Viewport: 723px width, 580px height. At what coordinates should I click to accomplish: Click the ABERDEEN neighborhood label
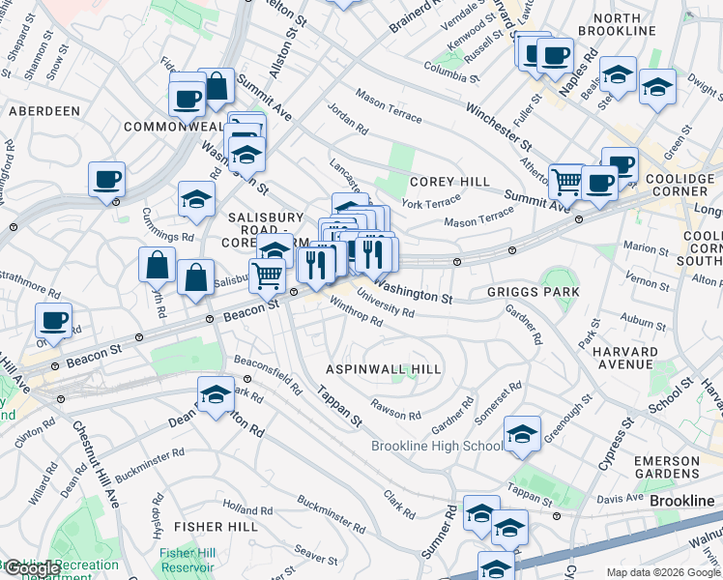tap(44, 111)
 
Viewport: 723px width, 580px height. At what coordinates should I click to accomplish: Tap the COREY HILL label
tap(449, 182)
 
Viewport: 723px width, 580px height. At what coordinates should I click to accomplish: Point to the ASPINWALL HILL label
tap(384, 369)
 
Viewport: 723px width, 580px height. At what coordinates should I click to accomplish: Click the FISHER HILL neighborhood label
tap(217, 527)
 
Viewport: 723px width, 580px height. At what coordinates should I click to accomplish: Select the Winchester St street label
tap(499, 125)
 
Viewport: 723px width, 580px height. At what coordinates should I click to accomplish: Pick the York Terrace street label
tap(431, 203)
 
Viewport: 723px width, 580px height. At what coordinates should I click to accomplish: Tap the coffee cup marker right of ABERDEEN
tap(185, 98)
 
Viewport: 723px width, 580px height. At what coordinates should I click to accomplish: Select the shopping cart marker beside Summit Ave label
tap(567, 180)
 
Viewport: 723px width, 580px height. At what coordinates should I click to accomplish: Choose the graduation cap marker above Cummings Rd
tap(197, 199)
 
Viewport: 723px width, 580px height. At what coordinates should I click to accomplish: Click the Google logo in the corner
tap(32, 569)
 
